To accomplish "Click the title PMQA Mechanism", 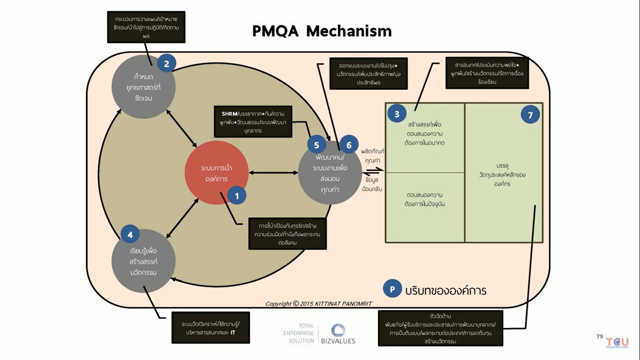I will [x=322, y=31].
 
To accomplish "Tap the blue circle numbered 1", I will [x=237, y=196].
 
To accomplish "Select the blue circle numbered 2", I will [x=166, y=63].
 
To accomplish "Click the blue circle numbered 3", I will [x=397, y=114].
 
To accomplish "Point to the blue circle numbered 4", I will [x=130, y=235].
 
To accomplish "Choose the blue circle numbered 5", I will [x=317, y=145].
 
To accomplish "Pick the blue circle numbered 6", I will [x=349, y=145].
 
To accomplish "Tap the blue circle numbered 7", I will [x=530, y=115].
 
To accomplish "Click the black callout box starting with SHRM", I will [x=253, y=122].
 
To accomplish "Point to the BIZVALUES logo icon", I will [x=338, y=330].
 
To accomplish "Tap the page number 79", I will [x=599, y=337].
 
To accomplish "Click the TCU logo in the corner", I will [x=617, y=343].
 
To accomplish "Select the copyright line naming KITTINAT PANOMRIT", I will [x=319, y=304].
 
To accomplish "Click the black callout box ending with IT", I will [x=210, y=328].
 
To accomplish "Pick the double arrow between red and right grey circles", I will [x=273, y=173].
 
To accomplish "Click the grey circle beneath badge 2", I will [x=143, y=88].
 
